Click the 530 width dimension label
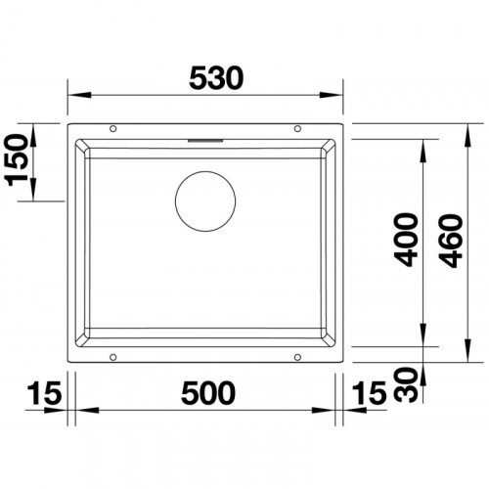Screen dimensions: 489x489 216,78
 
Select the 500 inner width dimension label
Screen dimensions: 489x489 208,393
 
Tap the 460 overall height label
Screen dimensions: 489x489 451,241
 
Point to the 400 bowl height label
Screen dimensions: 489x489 406,240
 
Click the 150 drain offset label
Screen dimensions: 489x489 17,160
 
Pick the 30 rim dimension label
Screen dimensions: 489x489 406,384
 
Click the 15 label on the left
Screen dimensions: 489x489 45,393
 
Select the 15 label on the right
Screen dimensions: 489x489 370,393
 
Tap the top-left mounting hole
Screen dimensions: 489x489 113,129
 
